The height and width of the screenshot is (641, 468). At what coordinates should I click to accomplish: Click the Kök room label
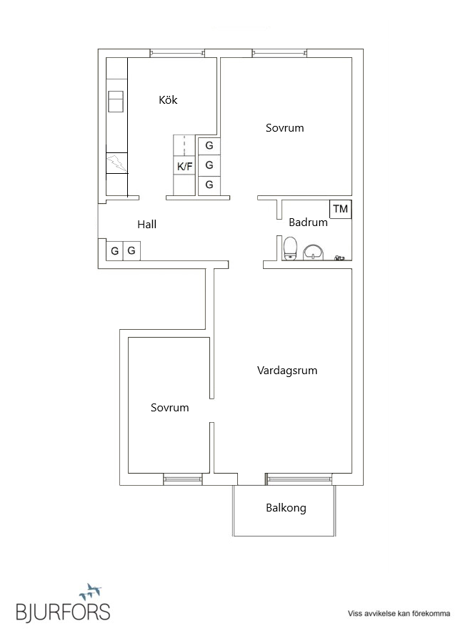(168, 100)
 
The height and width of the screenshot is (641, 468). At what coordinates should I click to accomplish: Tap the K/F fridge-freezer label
(185, 167)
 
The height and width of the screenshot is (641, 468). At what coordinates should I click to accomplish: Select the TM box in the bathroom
(341, 209)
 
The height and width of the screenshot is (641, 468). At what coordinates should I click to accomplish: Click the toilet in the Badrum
(290, 249)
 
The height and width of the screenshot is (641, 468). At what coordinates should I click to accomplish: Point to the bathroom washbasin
(313, 252)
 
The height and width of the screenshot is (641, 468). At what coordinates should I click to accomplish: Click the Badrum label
(308, 222)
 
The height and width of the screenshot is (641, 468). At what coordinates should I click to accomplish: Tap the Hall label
(146, 225)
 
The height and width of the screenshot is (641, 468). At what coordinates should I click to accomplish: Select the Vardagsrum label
(287, 371)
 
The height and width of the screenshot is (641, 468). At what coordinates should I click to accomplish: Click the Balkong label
(286, 508)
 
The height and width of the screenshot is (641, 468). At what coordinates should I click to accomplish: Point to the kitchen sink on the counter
(116, 101)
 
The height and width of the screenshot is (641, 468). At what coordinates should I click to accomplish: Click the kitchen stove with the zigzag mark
(116, 164)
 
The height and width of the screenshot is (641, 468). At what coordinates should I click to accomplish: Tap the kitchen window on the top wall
(177, 52)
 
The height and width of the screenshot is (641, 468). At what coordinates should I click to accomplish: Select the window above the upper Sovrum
(279, 52)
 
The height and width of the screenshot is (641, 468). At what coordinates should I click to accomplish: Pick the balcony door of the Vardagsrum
(299, 478)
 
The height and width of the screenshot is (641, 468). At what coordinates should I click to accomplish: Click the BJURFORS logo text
(64, 612)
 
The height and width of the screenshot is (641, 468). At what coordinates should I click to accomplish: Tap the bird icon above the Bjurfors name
(91, 592)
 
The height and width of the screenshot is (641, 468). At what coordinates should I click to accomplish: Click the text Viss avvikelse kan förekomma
(399, 613)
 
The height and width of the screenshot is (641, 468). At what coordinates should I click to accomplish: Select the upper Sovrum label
(285, 128)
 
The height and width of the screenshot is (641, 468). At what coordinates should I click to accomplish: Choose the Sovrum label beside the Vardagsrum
(170, 408)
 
